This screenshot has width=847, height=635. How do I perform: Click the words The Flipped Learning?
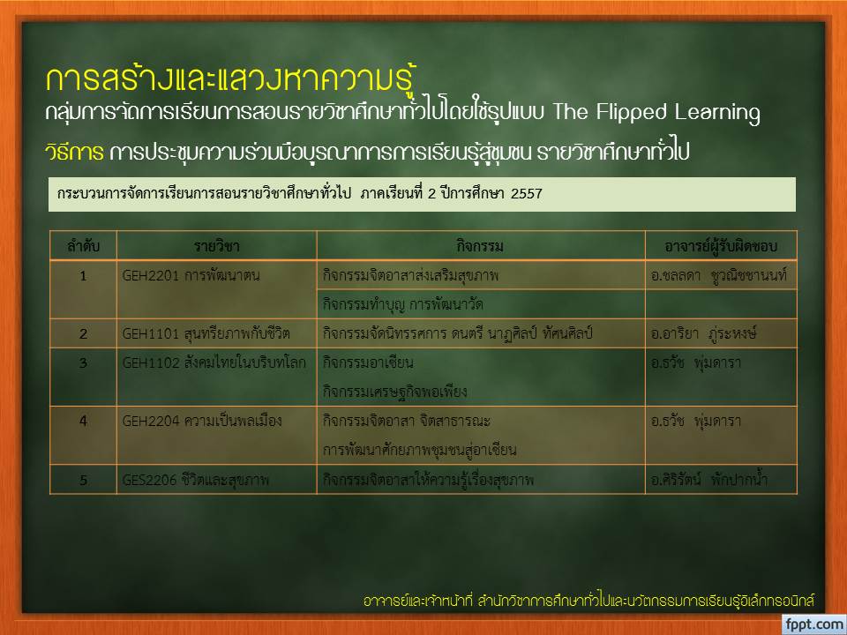tap(656, 113)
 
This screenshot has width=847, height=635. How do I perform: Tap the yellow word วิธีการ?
tap(74, 153)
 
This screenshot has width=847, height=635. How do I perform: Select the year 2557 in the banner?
tap(526, 194)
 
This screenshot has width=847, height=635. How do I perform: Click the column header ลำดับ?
tap(83, 246)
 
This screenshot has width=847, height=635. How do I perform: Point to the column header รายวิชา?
tap(217, 246)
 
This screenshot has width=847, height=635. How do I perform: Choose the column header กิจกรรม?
tap(480, 247)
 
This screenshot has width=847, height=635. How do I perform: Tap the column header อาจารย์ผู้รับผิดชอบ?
tap(721, 246)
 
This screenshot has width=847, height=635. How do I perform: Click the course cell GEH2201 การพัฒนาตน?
tap(191, 275)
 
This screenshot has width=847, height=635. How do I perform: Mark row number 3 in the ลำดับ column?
tap(83, 362)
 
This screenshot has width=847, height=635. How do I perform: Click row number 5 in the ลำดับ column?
tap(83, 480)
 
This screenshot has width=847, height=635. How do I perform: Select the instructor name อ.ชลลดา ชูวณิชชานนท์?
tap(719, 275)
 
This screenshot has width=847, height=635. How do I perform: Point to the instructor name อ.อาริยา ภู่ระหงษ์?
tap(703, 333)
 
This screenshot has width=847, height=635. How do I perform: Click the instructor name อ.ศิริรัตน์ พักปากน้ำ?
tap(708, 479)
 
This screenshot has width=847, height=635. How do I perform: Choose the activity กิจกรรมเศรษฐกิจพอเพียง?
tap(395, 392)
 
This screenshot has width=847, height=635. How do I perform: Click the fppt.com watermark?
tap(815, 624)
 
